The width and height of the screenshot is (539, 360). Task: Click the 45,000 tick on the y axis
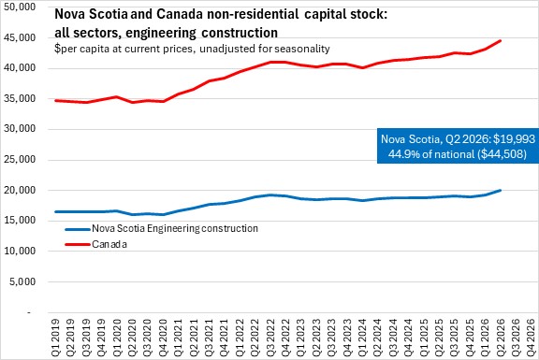point(20,37)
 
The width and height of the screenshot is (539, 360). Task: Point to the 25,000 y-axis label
point(20,160)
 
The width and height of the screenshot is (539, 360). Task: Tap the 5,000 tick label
point(22,281)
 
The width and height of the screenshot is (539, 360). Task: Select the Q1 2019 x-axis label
point(55,338)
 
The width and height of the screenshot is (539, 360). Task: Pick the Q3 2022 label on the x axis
point(270,338)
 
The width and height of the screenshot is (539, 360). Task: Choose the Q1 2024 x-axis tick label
point(361,338)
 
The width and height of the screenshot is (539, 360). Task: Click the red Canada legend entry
point(95,244)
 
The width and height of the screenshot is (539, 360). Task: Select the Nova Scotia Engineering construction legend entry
point(161,229)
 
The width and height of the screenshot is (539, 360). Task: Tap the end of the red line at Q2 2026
point(501,41)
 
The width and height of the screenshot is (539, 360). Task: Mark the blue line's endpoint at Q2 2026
point(501,190)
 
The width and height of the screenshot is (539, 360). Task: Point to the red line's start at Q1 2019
point(55,101)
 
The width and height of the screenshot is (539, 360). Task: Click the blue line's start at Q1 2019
point(55,211)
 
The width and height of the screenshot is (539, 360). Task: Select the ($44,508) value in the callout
point(502,154)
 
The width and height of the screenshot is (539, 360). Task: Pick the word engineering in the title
point(161,33)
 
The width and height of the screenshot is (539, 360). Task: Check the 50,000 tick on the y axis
point(20,7)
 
